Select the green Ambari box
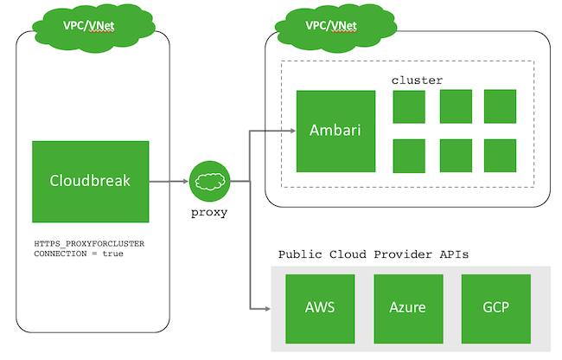(335, 131)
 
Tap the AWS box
(320, 309)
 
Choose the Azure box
(408, 309)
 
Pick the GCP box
(495, 309)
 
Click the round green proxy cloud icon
(209, 182)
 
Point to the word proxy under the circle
(208, 212)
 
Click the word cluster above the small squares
(417, 80)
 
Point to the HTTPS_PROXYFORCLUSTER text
(89, 244)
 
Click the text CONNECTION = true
(78, 254)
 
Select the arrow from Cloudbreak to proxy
(169, 182)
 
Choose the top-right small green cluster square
(500, 106)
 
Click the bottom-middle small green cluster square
(455, 156)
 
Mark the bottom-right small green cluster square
(500, 156)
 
